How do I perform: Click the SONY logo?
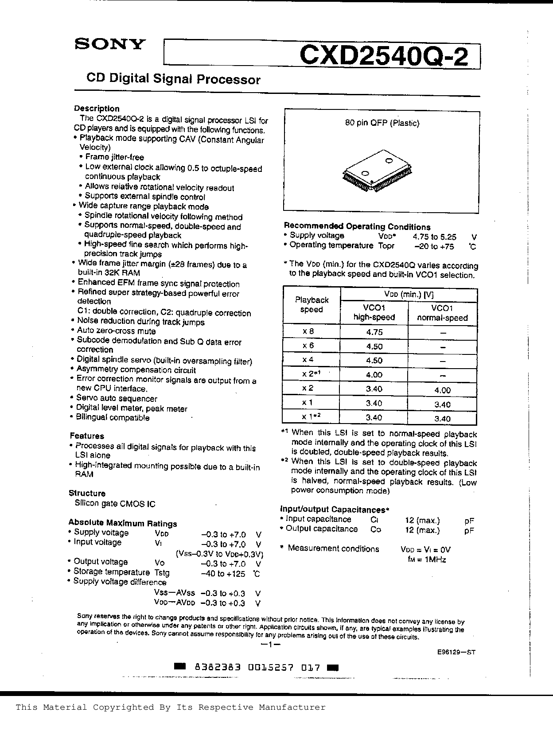(x=109, y=44)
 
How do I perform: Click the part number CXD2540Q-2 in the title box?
(x=384, y=57)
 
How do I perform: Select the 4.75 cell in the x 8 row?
(x=374, y=332)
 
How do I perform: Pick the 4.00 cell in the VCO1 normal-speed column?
(x=442, y=390)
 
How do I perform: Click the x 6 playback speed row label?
(x=308, y=346)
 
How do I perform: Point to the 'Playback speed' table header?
(x=312, y=305)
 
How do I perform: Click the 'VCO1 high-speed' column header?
(x=374, y=312)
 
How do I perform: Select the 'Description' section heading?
(x=97, y=109)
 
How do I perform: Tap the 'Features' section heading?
(x=87, y=436)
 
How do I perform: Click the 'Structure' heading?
(x=87, y=493)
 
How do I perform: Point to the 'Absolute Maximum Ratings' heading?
(x=122, y=523)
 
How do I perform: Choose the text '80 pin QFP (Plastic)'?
(x=382, y=123)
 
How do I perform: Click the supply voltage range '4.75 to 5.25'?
(x=434, y=237)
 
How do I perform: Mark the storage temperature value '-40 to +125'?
(x=223, y=574)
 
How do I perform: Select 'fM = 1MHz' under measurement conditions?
(x=427, y=560)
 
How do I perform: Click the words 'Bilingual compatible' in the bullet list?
(x=113, y=418)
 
